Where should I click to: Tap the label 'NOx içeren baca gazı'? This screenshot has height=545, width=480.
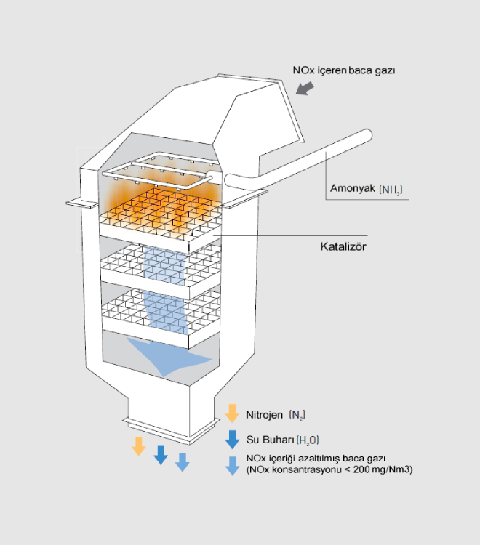pyautogui.click(x=343, y=70)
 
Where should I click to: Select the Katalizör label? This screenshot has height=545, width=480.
pyautogui.click(x=343, y=246)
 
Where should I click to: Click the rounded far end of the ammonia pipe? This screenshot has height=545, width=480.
pyautogui.click(x=367, y=137)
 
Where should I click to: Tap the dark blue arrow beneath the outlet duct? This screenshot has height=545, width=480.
pyautogui.click(x=161, y=454)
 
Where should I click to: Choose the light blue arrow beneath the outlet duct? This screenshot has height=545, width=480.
pyautogui.click(x=183, y=461)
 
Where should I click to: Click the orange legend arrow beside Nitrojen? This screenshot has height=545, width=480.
pyautogui.click(x=232, y=414)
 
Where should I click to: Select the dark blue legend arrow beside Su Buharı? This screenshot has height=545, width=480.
pyautogui.click(x=232, y=439)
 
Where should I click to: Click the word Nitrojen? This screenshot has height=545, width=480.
pyautogui.click(x=265, y=415)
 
